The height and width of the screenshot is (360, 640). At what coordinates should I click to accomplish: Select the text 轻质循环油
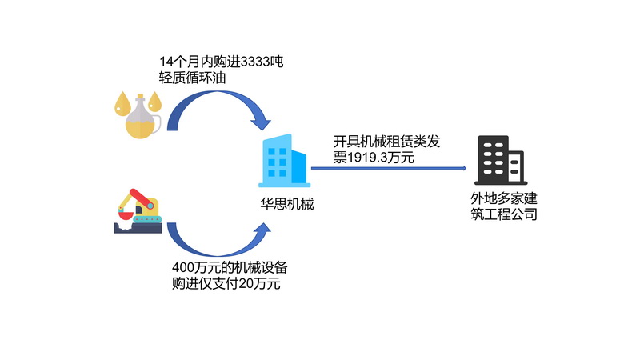tap(192, 78)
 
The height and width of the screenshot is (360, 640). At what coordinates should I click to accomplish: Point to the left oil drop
tap(121, 102)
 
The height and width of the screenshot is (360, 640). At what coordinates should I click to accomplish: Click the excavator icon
tap(138, 210)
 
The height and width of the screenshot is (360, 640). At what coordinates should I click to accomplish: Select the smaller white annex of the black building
tap(515, 167)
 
